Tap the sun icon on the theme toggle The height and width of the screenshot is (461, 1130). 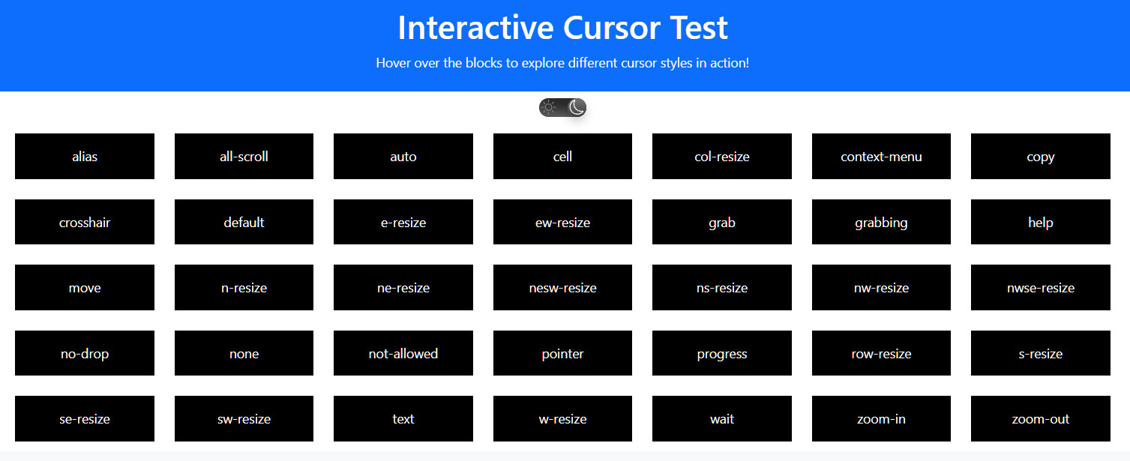pos(549,107)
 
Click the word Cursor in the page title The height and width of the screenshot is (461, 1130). pos(611,27)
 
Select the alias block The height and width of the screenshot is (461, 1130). pos(85,157)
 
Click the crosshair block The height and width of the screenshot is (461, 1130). pos(85,222)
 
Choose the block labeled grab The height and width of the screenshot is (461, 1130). pos(722,222)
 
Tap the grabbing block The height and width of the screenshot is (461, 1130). pos(881,222)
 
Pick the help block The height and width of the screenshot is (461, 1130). pos(1041,222)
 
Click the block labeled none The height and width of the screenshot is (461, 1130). pos(244,353)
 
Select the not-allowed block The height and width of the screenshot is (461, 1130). pos(403,353)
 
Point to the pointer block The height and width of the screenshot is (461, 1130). pos(562,353)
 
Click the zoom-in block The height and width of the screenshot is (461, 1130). pos(881,418)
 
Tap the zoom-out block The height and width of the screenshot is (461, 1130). pos(1041,418)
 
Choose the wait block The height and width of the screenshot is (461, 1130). pos(722,418)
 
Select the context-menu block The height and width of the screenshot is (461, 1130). pos(881,157)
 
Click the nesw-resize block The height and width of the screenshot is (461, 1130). pos(562,288)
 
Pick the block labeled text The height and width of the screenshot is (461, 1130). pos(403,418)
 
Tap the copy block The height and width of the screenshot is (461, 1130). pos(1041,157)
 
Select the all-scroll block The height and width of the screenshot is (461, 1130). pos(244,157)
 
